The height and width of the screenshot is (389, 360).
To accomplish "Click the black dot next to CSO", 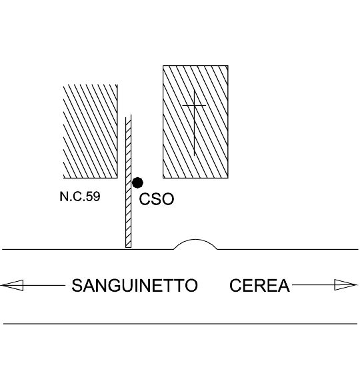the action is (x=137, y=183).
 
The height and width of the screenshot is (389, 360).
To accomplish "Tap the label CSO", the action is (x=157, y=199).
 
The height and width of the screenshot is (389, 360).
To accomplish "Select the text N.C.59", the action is (x=80, y=196).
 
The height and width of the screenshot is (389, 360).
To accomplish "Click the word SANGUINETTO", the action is (x=135, y=285).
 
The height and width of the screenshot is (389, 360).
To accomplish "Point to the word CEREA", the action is (x=259, y=285).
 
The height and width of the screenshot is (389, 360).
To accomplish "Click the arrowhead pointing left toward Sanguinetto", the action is (x=12, y=285).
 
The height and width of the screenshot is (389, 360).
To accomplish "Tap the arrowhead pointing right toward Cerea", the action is (x=346, y=284).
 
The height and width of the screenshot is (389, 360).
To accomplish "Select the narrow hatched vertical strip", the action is (x=129, y=181).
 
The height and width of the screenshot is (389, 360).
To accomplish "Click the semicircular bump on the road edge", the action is (x=195, y=240).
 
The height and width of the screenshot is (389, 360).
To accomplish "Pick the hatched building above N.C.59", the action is (x=91, y=131).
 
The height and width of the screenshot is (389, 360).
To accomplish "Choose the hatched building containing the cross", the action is (x=195, y=122).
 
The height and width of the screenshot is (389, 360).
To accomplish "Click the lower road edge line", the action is (x=180, y=324).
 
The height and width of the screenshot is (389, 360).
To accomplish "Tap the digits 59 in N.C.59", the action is (x=93, y=196).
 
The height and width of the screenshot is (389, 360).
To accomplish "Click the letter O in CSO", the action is (x=167, y=199).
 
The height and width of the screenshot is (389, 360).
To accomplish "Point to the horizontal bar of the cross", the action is (x=194, y=106).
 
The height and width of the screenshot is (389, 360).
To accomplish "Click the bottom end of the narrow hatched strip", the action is (x=129, y=247).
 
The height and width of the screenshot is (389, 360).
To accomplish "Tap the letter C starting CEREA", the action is (x=235, y=285).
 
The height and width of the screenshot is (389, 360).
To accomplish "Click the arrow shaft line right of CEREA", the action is (x=313, y=285).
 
